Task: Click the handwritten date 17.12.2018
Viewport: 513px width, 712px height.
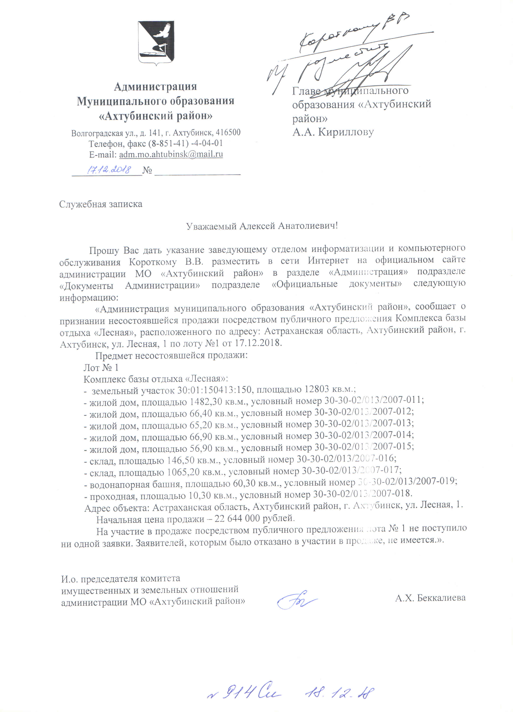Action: point(109,170)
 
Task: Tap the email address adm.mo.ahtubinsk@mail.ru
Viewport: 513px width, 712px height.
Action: point(171,154)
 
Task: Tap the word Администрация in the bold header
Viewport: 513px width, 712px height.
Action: point(155,86)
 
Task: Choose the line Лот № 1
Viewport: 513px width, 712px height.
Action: point(101,367)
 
